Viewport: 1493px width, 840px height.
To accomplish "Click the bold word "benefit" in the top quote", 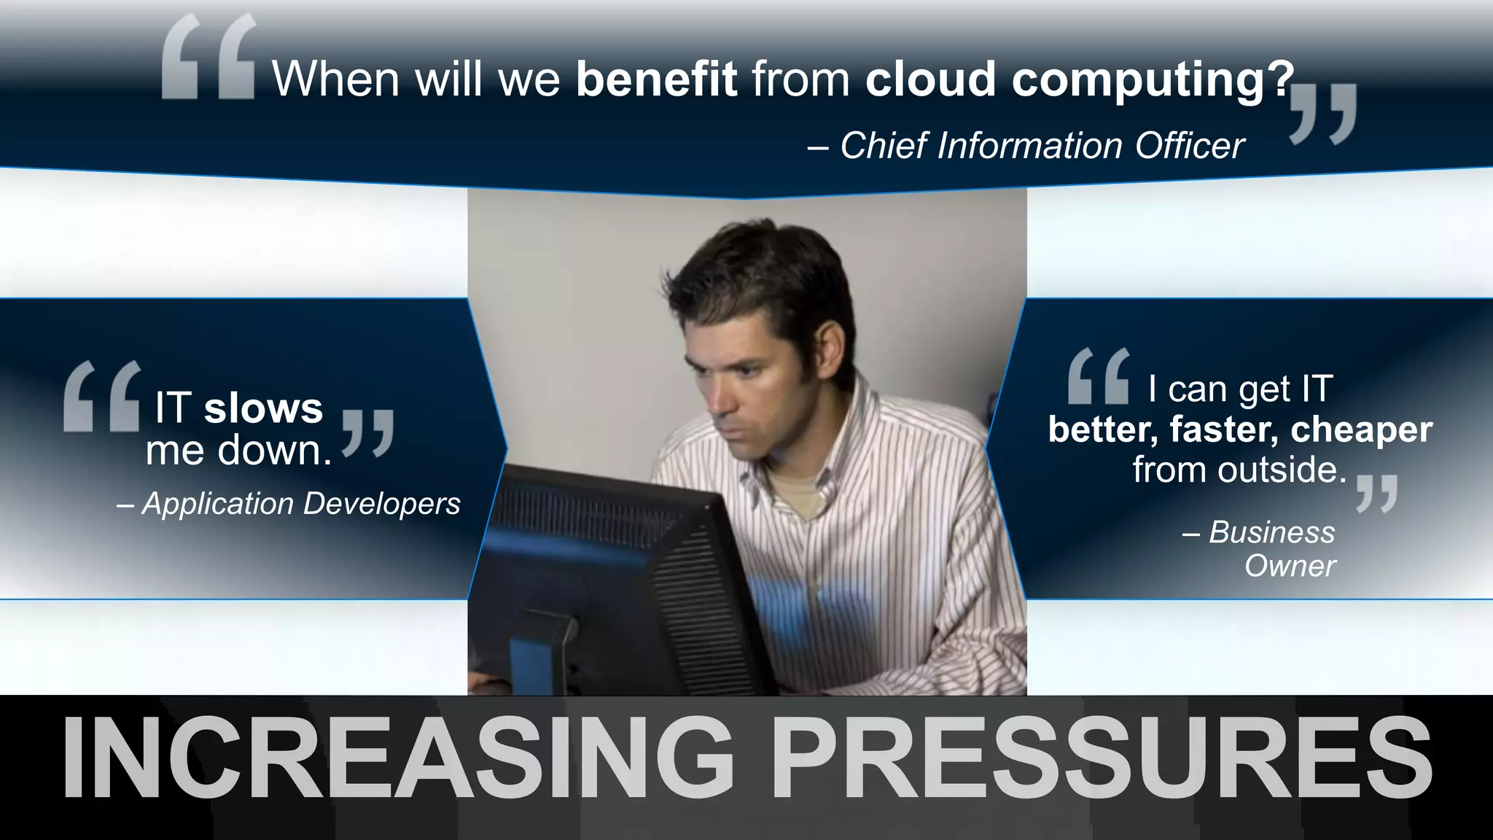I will point(656,79).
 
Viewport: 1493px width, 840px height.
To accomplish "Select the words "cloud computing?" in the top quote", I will point(1079,79).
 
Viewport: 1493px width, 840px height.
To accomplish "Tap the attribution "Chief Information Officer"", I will point(1042,145).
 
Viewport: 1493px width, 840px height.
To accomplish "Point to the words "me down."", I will point(239,450).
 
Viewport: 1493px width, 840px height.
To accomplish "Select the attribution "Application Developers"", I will point(301,503).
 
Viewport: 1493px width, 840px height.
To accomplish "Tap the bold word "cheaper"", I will point(1361,429).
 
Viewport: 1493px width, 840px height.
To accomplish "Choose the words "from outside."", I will point(1239,469).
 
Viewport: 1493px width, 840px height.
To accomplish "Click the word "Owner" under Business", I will point(1290,566).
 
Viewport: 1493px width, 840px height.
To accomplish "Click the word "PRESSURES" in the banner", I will point(1101,758).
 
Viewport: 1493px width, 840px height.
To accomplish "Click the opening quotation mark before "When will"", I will point(208,58).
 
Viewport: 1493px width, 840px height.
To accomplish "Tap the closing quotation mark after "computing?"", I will point(1323,113).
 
